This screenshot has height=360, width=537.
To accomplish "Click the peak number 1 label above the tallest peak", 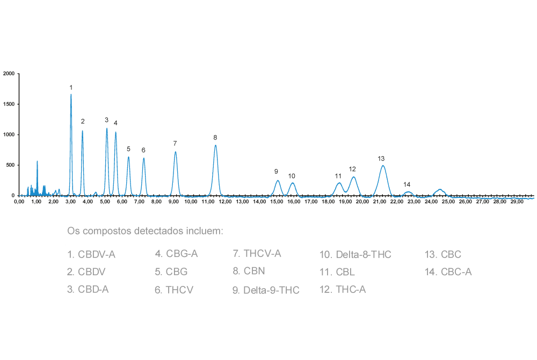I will tap(71, 87).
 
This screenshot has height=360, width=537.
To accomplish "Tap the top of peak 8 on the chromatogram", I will tap(215, 145).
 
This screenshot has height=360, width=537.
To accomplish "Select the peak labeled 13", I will tap(383, 166).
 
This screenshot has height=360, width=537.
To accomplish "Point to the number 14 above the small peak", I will tap(407, 184).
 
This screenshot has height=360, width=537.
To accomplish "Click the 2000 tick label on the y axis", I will tap(9, 74).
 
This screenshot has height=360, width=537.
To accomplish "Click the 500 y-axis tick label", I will tap(10, 165).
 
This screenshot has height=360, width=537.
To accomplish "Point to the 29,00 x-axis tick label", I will tap(517, 202).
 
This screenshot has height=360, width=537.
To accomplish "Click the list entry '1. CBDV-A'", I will tap(91, 254).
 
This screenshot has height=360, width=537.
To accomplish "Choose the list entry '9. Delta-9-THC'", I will tap(266, 290).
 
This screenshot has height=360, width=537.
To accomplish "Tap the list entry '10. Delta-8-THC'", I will tap(355, 254).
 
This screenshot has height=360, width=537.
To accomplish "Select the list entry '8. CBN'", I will tap(249, 271).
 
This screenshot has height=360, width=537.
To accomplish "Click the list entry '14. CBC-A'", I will tap(448, 271).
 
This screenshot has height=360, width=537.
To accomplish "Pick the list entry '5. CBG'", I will tap(171, 271).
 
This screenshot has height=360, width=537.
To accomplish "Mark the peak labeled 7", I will tap(176, 153).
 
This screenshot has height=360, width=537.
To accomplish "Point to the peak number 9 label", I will tap(276, 172).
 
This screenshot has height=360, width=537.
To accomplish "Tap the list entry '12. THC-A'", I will tap(343, 290).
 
